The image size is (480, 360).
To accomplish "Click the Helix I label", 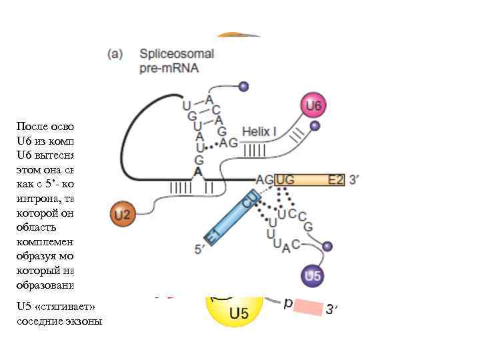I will pyautogui.click(x=259, y=132).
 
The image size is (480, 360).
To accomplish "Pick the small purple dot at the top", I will pyautogui.click(x=243, y=86).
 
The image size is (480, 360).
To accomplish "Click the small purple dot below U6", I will pyautogui.click(x=315, y=125).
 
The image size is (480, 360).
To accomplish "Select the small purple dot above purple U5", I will pyautogui.click(x=327, y=247).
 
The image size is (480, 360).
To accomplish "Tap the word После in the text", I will pyautogui.click(x=31, y=125).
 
